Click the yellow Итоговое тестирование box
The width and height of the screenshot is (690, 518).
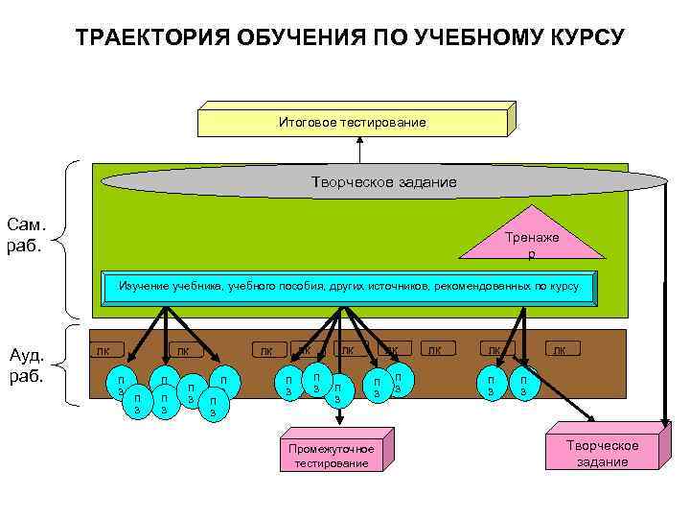(352, 123)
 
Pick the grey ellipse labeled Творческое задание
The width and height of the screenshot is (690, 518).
(383, 181)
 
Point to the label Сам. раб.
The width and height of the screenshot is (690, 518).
(27, 234)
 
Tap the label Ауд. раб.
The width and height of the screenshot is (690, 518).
(27, 365)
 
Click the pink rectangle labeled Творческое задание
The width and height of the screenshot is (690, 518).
(602, 453)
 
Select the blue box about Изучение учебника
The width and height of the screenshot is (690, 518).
(348, 286)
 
